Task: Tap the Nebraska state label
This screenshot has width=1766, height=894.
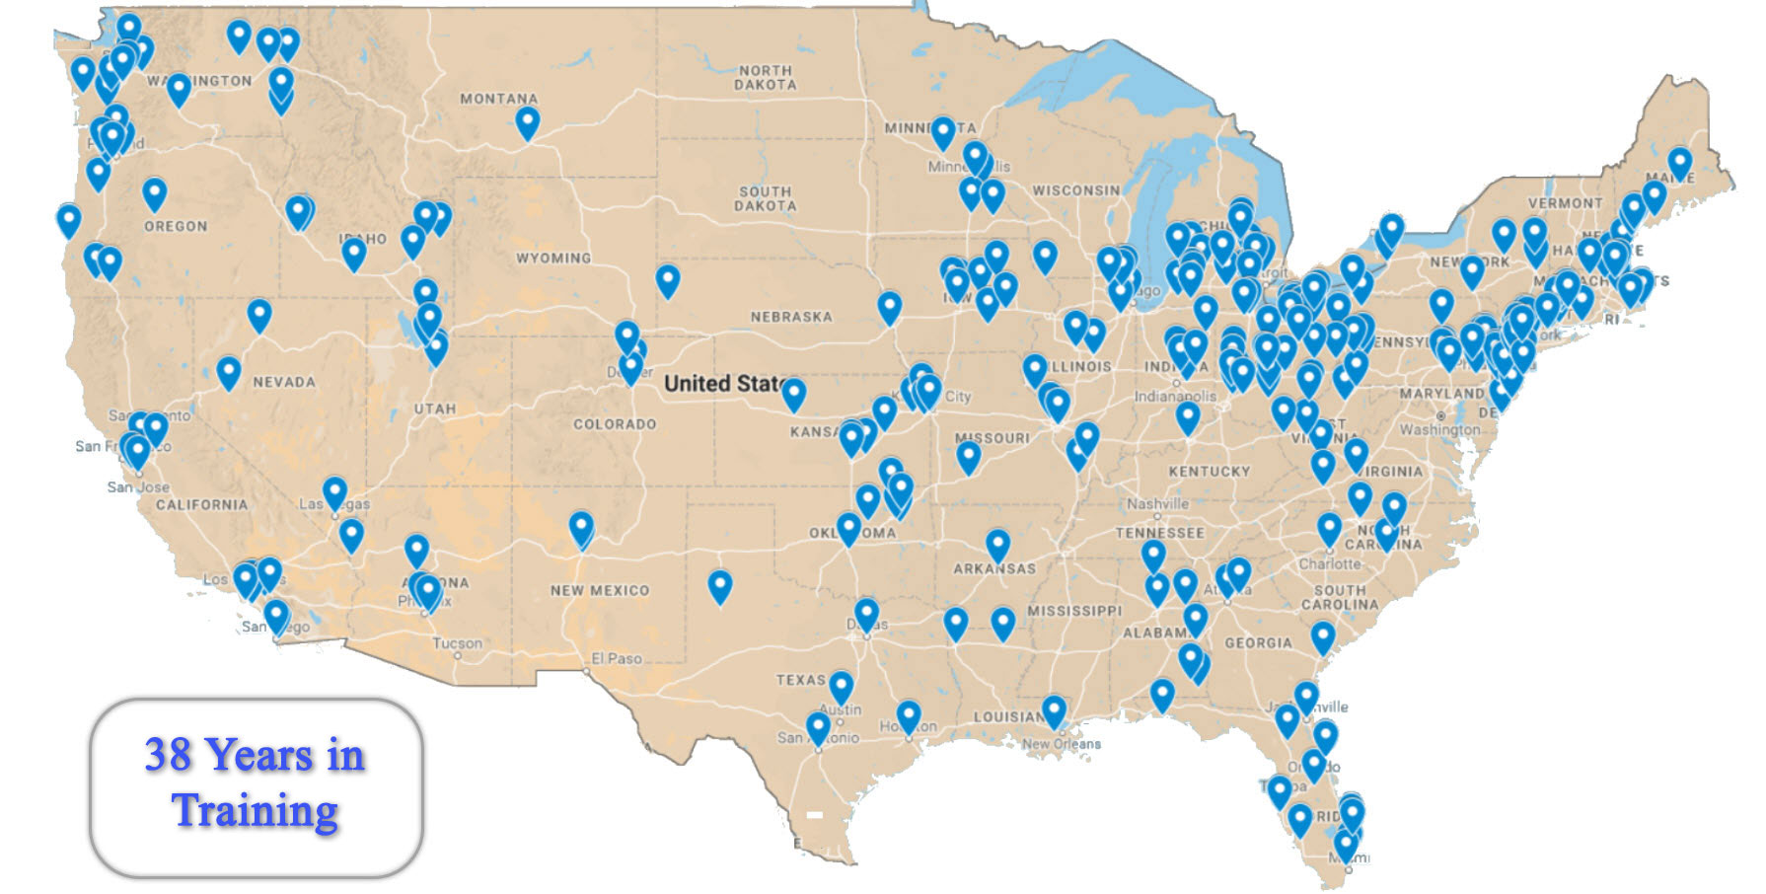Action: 791,317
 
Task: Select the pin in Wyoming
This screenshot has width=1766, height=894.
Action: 668,280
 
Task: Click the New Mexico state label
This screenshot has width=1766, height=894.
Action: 600,590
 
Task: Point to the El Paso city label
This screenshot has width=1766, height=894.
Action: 617,658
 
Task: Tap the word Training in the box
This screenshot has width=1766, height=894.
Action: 256,811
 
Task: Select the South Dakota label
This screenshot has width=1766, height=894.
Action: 765,198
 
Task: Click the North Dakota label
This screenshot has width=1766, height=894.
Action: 765,78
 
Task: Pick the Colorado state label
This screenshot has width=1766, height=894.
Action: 615,424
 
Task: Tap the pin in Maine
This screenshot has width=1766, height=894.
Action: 1679,162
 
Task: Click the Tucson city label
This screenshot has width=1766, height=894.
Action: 458,643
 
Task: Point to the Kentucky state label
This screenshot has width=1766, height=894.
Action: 1209,472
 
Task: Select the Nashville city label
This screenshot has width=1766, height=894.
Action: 1157,503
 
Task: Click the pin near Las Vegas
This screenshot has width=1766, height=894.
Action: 335,491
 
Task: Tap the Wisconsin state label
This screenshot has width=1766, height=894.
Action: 1075,190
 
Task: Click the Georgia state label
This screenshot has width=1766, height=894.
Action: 1258,642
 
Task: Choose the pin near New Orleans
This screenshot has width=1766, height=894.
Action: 1055,709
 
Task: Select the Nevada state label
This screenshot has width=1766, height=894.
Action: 284,382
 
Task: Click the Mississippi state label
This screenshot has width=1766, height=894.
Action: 1074,611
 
